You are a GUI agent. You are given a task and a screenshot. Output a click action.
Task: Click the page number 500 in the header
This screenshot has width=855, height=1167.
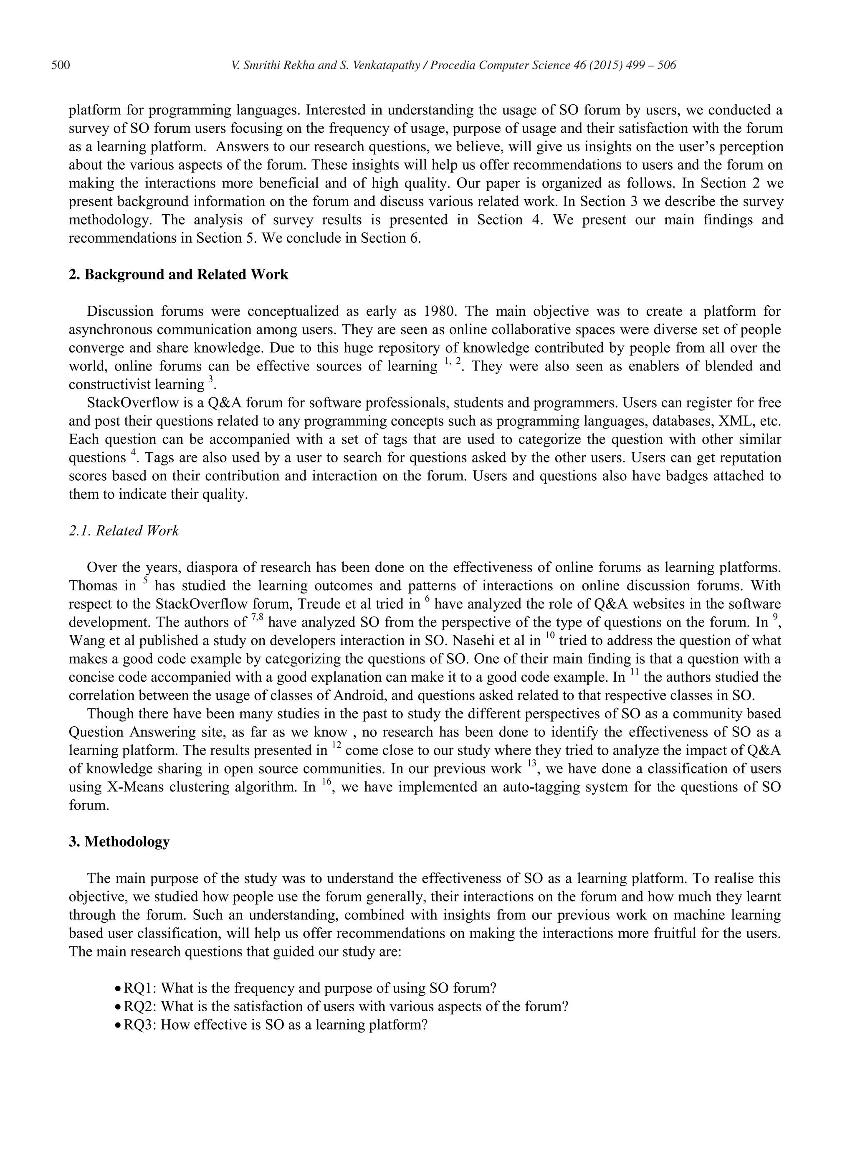61,65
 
